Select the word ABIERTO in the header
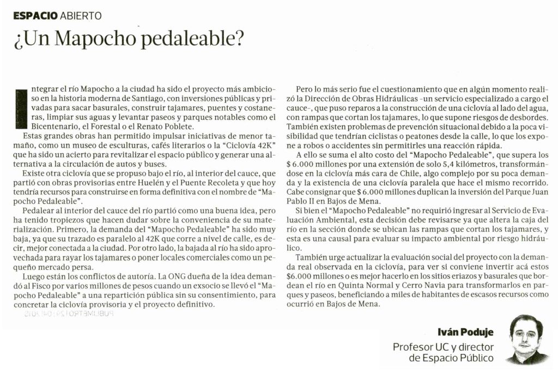(81, 16)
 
